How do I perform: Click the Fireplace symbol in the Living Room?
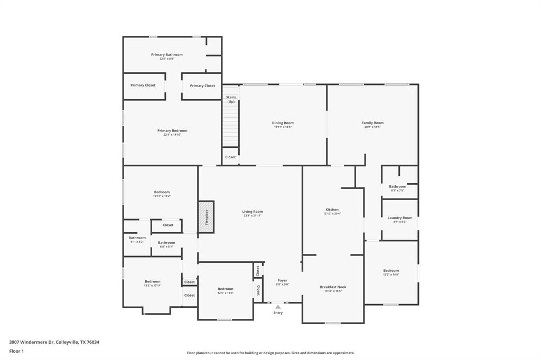pos(206,216)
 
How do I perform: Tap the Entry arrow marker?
pos(278,307)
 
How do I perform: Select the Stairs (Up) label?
pos(231,99)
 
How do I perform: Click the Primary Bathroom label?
pos(166,55)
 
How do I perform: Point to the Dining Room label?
pos(283,123)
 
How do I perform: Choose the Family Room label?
pos(372,123)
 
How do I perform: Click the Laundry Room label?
pos(400,218)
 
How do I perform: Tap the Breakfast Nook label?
pos(333,287)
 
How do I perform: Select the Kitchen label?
pos(332,210)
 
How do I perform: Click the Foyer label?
pos(283,280)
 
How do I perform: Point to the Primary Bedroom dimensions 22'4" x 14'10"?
pos(172,135)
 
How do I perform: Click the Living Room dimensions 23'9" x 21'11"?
pos(253,215)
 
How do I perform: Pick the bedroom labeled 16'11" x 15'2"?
pos(162,194)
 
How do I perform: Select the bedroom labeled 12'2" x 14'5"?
pos(391,272)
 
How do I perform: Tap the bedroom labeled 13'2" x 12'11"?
pos(152,283)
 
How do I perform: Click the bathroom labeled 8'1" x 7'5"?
pos(398,188)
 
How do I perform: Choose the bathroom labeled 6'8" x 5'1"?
pos(166,244)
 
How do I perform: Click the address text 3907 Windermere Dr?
pos(32,342)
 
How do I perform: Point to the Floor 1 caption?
pos(16,351)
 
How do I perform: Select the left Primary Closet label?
pos(143,86)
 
